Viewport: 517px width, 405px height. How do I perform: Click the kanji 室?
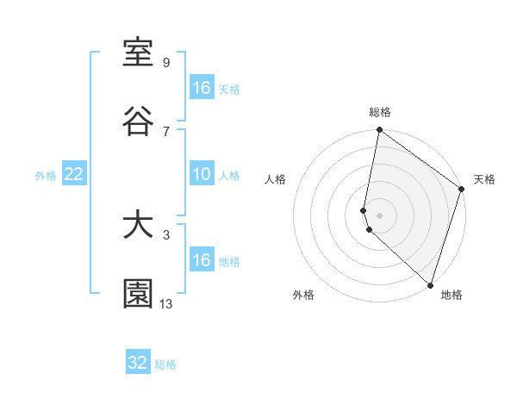[138, 54]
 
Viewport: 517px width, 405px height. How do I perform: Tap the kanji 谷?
[138, 121]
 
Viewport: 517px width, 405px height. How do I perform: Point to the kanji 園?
[138, 294]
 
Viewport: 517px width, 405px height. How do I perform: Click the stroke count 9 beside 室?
[166, 63]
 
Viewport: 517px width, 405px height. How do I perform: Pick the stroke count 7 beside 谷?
[166, 130]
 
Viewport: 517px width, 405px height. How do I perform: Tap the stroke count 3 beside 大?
[166, 234]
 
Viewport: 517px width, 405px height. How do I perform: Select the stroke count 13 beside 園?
[166, 302]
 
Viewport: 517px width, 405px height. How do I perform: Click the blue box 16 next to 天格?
[202, 88]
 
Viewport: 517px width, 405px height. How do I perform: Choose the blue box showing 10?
[202, 175]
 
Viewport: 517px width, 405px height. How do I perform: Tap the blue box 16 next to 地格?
[202, 260]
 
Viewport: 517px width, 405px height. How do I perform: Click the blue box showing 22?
[73, 175]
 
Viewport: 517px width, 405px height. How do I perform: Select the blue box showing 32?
[138, 363]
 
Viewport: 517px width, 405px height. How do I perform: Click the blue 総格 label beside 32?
[165, 364]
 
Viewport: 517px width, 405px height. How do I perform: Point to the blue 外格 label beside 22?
[46, 176]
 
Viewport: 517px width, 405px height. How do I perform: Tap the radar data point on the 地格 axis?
[431, 285]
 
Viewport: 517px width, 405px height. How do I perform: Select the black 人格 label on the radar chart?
[276, 179]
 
